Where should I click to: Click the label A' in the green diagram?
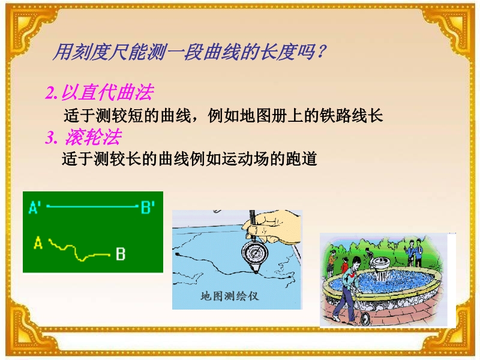[35, 207]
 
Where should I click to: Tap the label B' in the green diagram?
[148, 207]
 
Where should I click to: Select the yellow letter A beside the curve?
[38, 243]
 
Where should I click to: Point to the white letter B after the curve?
[121, 254]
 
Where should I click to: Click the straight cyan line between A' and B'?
[92, 206]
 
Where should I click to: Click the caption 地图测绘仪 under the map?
[230, 296]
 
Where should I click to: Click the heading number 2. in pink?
[51, 93]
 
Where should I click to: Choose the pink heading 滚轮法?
[93, 137]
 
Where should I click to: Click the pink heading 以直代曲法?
[107, 92]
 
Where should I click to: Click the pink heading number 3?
[51, 137]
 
